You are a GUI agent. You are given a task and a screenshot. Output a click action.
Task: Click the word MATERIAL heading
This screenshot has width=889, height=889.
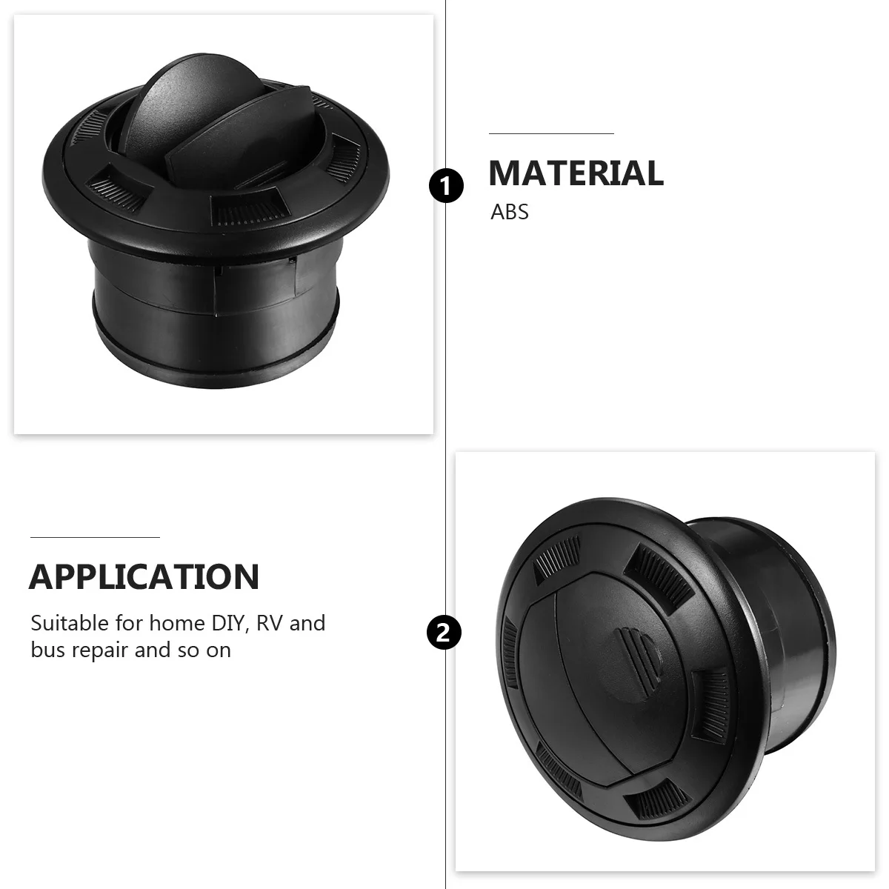tap(576, 173)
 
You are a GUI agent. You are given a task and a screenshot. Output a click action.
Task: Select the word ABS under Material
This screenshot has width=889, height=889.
tap(510, 212)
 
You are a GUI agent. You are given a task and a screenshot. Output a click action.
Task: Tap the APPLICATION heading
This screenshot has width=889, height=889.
tap(144, 576)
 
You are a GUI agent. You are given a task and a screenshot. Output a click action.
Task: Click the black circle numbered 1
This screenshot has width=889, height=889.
tap(446, 185)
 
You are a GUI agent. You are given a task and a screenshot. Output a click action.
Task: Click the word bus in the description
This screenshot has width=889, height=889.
tap(47, 650)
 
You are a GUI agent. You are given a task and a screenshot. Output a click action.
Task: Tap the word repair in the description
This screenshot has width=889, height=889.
tap(100, 651)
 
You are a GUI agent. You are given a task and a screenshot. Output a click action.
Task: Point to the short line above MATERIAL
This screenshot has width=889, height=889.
tap(551, 134)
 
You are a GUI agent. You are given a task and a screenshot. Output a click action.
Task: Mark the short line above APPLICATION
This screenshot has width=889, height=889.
tap(95, 536)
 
